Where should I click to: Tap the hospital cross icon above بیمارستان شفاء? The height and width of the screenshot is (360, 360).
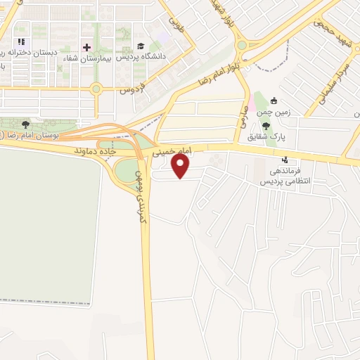86,47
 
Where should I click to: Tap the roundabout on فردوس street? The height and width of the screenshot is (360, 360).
96,89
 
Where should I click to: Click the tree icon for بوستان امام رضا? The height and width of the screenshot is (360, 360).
26,124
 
